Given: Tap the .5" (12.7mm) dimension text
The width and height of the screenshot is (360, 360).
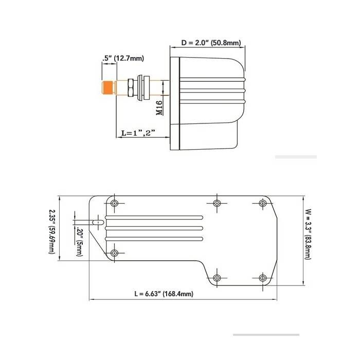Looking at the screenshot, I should click(124, 59).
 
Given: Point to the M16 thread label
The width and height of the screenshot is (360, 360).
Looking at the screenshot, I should click(159, 108).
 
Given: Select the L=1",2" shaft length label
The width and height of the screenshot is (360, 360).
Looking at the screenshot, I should click(138, 133).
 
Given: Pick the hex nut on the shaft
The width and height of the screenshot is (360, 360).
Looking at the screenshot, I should click(131, 87).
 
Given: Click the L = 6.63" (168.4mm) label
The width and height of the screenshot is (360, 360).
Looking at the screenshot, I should click(164, 293).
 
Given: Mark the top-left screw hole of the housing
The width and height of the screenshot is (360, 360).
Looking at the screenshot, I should click(114, 203).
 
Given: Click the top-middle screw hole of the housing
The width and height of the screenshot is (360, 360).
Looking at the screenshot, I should click(217, 203).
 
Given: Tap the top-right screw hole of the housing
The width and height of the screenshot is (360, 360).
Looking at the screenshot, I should click(262, 203).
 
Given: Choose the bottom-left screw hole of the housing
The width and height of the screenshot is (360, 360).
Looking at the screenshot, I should click(114, 253).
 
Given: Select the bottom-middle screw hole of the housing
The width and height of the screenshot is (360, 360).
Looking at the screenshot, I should click(217, 278).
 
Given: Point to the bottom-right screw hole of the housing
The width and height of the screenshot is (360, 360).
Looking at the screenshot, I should click(262, 278).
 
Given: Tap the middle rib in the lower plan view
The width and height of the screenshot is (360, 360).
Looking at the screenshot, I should click(154, 228).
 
